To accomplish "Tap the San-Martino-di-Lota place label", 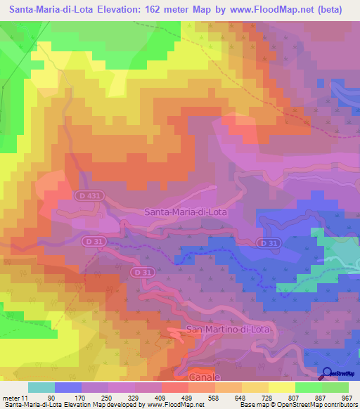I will click(229, 329).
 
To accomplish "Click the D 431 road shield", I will click(88, 196).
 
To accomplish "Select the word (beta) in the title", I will click(330, 10).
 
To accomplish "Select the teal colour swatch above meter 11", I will click(41, 387).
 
